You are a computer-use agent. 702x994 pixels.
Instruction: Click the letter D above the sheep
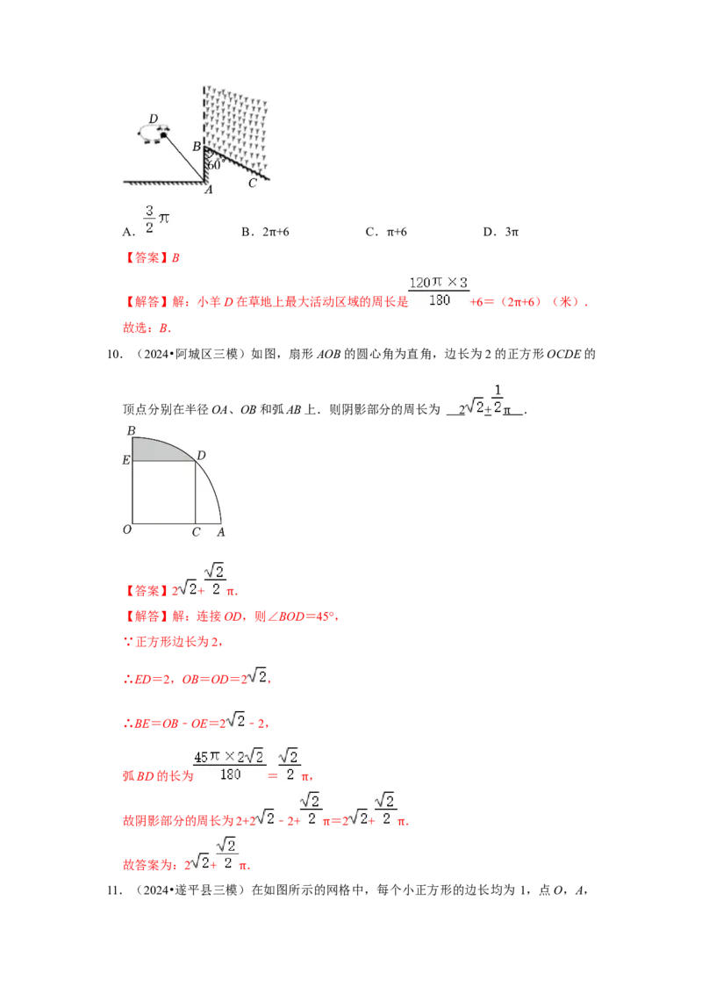coord(154,119)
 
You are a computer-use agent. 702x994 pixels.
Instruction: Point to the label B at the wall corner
coord(197,147)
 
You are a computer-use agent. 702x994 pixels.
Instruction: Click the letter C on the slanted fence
coord(253,183)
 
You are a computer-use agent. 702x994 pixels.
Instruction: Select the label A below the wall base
coord(208,190)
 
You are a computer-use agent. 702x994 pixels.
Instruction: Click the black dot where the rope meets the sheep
coord(163,134)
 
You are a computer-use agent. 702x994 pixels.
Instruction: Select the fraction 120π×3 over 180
coord(439,292)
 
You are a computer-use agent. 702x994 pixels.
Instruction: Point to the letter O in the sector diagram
coord(127,530)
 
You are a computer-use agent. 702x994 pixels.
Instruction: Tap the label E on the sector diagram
coord(126,459)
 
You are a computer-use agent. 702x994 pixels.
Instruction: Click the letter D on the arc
coord(201,455)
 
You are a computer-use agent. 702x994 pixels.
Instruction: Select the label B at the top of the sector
coord(131,429)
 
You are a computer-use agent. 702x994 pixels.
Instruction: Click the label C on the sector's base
coord(196,531)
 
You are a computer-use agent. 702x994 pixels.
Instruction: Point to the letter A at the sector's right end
coord(220,531)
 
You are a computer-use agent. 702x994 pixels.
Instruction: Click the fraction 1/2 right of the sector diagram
coord(497,397)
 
